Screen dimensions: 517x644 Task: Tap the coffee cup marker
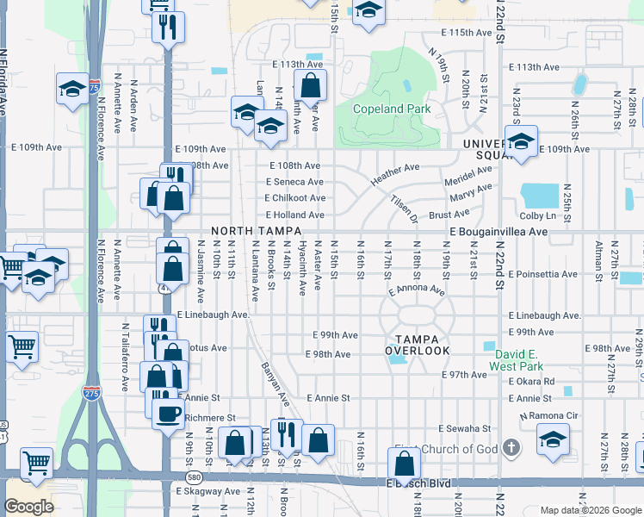point(168,413)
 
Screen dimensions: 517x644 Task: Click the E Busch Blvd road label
point(418,483)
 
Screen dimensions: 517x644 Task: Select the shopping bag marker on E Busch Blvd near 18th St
point(404,464)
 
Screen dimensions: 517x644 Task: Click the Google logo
point(29,507)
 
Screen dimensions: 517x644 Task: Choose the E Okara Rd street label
point(531,381)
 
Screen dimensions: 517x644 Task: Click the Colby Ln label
point(538,215)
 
